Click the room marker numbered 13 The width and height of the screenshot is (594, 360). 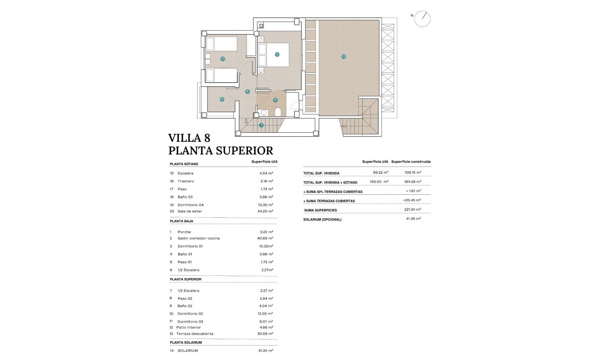coord(343,57)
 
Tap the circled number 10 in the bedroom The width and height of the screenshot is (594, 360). coord(277,54)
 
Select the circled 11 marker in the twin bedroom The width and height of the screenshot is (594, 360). coord(223,59)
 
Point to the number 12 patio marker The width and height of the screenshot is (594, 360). coord(222,99)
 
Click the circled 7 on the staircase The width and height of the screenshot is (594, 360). coord(261,125)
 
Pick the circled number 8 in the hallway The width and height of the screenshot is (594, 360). coord(247,91)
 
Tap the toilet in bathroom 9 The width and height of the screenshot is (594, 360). coord(277,112)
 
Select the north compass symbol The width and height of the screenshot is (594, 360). coord(423,18)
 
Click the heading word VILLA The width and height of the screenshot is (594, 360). coord(184,138)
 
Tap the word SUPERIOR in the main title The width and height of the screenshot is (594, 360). coord(243,150)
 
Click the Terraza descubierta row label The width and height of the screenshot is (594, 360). coord(195,334)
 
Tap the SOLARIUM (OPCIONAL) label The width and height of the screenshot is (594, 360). coord(322,220)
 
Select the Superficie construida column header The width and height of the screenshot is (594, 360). coord(411,162)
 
